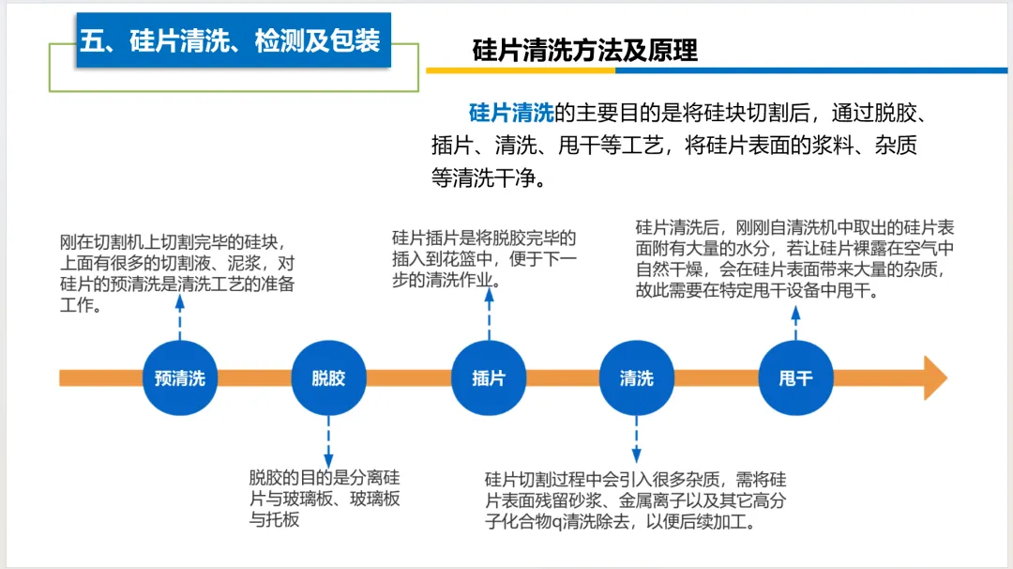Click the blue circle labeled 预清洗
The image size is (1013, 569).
[x=179, y=377]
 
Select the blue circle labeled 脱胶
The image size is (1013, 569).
[x=329, y=377]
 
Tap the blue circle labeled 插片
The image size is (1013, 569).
[x=489, y=377]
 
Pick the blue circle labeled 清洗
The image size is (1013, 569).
[x=637, y=377]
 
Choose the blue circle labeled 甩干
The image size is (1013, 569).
[x=796, y=377]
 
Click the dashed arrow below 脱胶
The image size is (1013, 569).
[x=329, y=441]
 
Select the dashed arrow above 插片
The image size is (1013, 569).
[x=489, y=315]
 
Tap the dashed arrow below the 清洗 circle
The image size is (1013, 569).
[x=636, y=439]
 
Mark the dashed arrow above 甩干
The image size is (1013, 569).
[x=796, y=323]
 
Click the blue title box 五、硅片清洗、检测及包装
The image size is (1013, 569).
[x=234, y=40]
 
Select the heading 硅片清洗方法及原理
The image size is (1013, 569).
[x=584, y=51]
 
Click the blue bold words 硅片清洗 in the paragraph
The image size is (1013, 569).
[x=511, y=114]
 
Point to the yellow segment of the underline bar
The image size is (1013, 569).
[x=521, y=70]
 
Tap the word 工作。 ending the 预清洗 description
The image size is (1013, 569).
[x=82, y=304]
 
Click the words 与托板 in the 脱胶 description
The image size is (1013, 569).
[x=275, y=519]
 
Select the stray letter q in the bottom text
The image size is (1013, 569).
[x=558, y=522]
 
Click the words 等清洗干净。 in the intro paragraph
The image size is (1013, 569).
[x=489, y=177]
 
